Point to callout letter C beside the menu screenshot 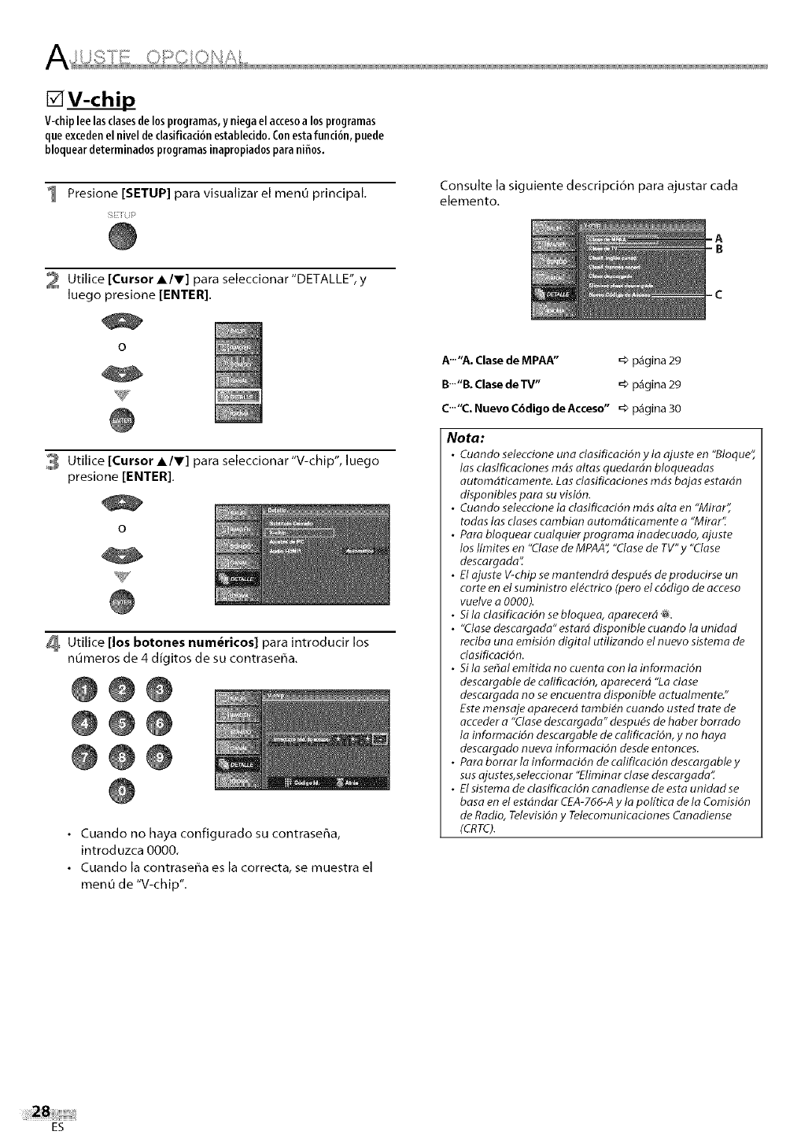coord(718,295)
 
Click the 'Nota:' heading coord(470,437)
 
